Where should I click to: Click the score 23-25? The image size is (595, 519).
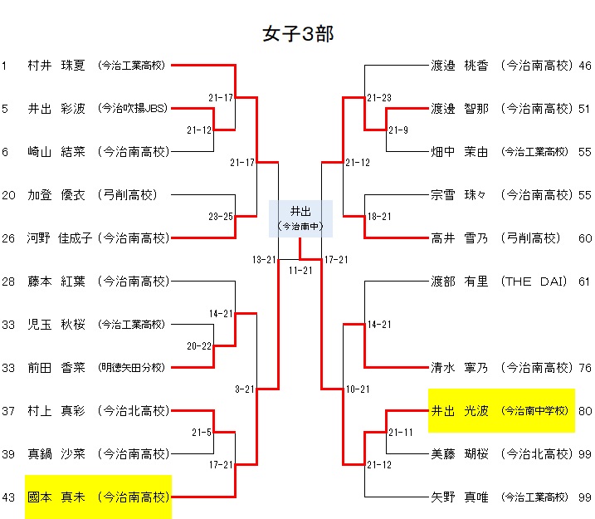[x=221, y=217]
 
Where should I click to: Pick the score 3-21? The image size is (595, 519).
[x=244, y=389]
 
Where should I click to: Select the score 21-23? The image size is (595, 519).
[x=379, y=98]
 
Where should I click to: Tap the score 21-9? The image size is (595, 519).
[x=398, y=130]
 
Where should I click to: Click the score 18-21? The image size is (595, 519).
[x=379, y=217]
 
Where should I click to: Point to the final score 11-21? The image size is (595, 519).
[x=300, y=271]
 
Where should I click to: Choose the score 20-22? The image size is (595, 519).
[x=199, y=345]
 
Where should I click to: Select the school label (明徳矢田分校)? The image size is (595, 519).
[x=131, y=367]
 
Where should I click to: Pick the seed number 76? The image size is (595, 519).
[x=584, y=368]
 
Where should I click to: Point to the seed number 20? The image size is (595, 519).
[x=7, y=195]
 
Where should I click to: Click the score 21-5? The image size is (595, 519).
[x=202, y=433]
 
